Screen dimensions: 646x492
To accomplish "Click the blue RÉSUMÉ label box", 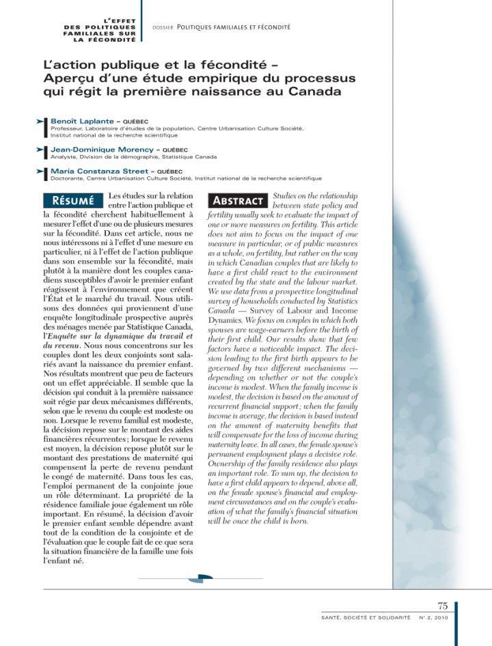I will (x=73, y=201).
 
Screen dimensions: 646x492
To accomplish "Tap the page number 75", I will (x=442, y=605).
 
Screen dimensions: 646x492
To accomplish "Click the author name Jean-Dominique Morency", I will (x=100, y=150).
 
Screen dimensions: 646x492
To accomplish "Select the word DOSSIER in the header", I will (x=163, y=27).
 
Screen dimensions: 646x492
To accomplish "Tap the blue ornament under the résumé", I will (x=200, y=579).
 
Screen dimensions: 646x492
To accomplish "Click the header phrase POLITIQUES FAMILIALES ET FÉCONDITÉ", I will (x=233, y=27).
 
